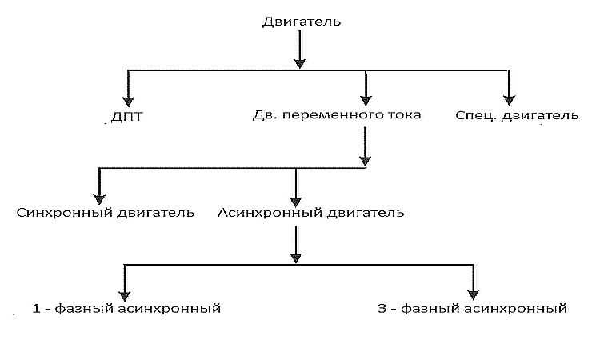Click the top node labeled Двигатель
tap(302, 22)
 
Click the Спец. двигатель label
tap(516, 115)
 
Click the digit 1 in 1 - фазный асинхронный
tap(36, 308)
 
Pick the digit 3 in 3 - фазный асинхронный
tap(382, 308)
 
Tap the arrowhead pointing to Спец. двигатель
tap(508, 98)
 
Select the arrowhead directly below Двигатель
tap(299, 62)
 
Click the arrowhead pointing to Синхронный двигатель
tap(99, 196)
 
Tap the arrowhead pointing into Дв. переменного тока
tap(365, 98)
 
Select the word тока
tap(404, 115)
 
